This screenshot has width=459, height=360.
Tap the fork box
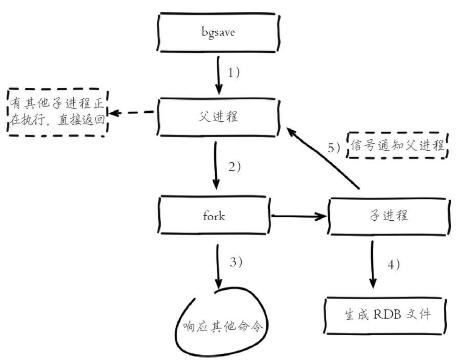pos(215,215)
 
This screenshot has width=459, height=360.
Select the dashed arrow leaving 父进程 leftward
pos(132,113)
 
